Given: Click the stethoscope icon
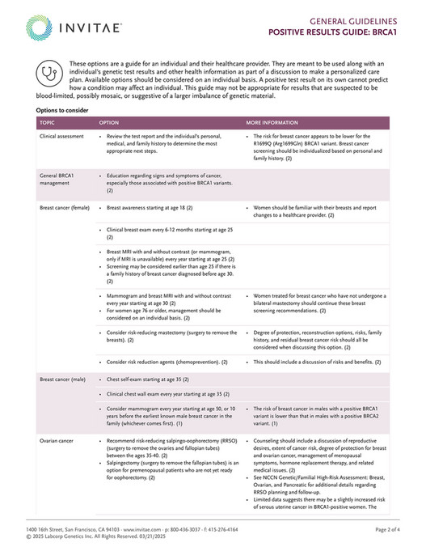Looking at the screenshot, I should [50, 71].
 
